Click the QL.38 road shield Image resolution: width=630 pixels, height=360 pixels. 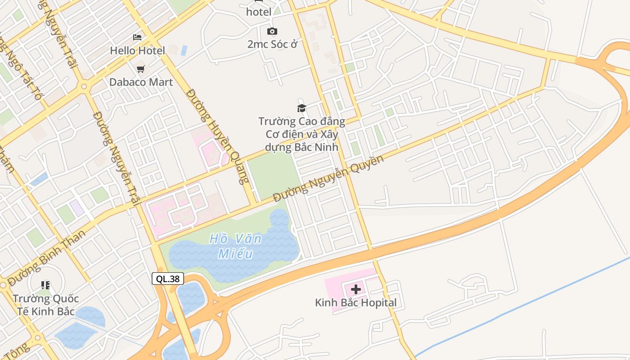(168, 279)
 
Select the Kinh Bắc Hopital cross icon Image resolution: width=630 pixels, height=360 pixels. (356, 289)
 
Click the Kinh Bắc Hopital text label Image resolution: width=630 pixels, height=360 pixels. (356, 302)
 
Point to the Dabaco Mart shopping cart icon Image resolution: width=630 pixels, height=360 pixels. (141, 69)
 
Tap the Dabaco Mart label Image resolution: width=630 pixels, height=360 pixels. (141, 82)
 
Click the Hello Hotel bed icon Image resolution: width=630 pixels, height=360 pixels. (137, 37)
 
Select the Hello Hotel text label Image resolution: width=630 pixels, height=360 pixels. (137, 50)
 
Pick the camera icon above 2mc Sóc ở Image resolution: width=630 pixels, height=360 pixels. (272, 31)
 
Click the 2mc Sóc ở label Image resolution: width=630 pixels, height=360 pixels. (272, 44)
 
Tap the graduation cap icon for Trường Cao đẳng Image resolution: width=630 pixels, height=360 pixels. (301, 108)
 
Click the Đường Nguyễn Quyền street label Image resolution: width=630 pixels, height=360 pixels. (328, 179)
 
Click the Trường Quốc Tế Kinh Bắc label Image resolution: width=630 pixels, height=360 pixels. (45, 305)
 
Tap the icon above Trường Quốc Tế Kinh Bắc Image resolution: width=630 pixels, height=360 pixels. (45, 285)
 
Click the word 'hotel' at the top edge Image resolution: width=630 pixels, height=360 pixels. (259, 12)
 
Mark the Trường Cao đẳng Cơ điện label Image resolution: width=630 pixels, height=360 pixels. (301, 134)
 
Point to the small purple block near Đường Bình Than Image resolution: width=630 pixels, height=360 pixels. (77, 207)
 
